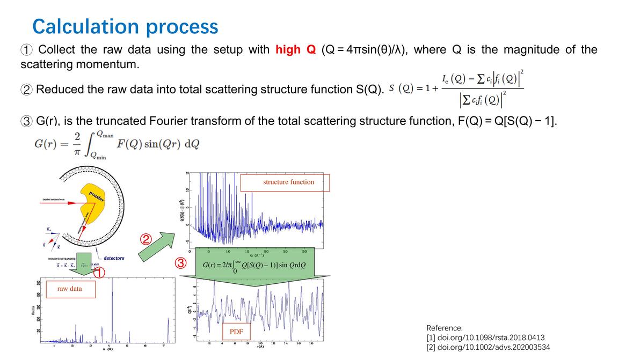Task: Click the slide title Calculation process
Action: point(125,26)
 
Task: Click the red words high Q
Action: point(295,50)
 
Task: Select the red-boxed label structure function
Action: point(289,182)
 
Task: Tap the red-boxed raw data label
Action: point(70,289)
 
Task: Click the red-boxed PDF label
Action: point(236,332)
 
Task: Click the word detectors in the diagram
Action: point(113,258)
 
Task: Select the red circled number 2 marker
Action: point(147,238)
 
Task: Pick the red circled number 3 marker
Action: point(181,263)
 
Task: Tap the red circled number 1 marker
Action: point(100,273)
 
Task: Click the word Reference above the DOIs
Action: point(444,327)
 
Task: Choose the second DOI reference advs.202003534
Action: point(488,347)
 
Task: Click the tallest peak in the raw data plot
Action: point(112,311)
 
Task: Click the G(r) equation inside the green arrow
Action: point(254,266)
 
